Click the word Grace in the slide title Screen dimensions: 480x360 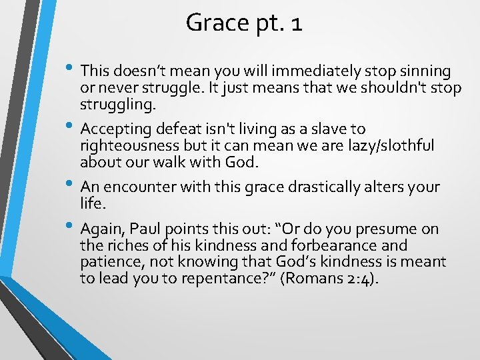pyautogui.click(x=217, y=23)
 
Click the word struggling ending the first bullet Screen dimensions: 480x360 pyautogui.click(x=118, y=105)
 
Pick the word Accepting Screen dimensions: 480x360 pyautogui.click(x=116, y=129)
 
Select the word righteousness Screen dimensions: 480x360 pyautogui.click(x=129, y=145)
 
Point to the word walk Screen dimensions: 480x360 pyautogui.click(x=169, y=162)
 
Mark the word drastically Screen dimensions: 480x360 pyautogui.click(x=324, y=187)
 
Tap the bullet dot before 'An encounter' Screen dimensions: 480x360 pyautogui.click(x=69, y=183)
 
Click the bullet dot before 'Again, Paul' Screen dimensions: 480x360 pyautogui.click(x=69, y=225)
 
